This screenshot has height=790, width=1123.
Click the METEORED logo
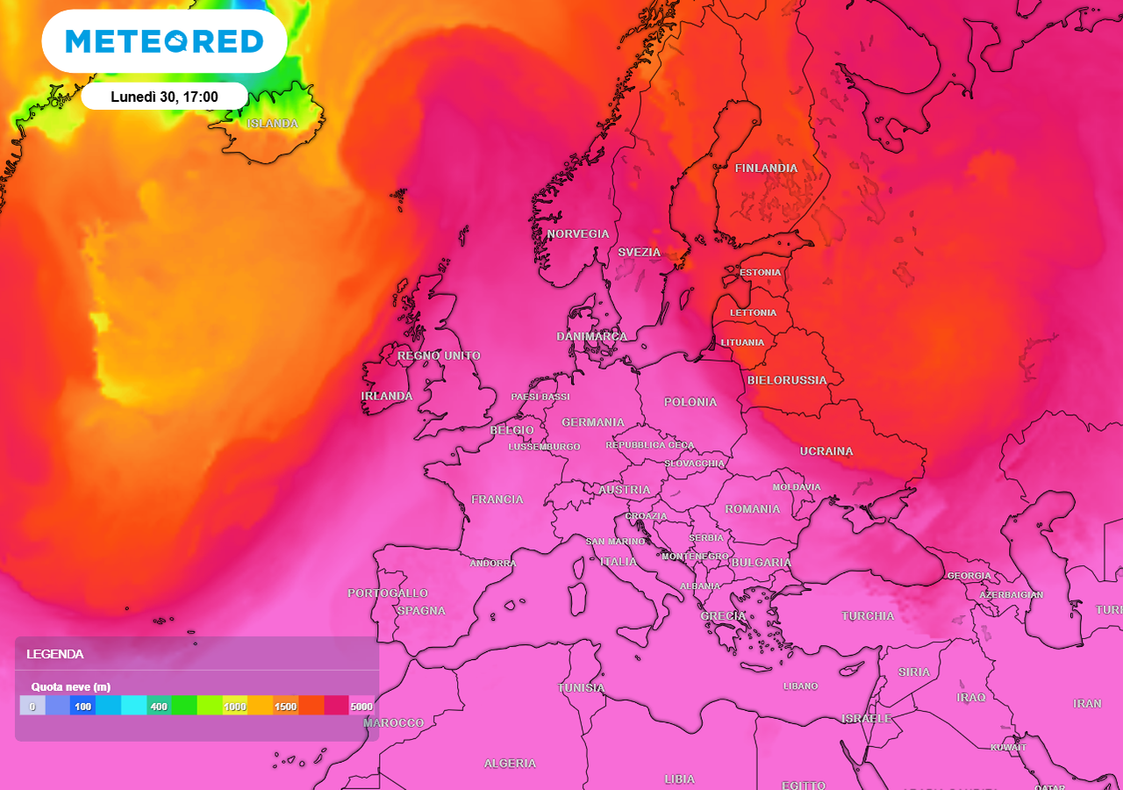[164, 41]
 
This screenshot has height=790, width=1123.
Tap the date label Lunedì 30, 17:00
[164, 97]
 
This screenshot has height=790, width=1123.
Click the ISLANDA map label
[272, 124]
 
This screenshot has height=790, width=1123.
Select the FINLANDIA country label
[766, 168]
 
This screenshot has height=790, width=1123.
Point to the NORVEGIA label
[577, 233]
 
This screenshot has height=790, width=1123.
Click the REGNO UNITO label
[439, 355]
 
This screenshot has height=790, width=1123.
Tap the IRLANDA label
[387, 396]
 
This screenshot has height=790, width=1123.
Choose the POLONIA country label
[690, 402]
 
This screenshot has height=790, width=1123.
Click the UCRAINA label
[826, 451]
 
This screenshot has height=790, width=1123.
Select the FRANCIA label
[497, 499]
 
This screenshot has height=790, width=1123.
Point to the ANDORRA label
[493, 563]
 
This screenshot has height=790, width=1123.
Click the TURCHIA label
[868, 615]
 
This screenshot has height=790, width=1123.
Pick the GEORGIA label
[969, 576]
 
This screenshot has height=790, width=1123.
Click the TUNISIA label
[581, 687]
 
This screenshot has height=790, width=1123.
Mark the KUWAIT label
[1008, 748]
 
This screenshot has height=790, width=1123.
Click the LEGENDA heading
[55, 654]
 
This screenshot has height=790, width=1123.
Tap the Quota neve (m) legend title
[71, 686]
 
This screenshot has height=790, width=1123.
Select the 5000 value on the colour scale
[361, 706]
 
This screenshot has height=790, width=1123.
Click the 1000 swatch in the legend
[234, 706]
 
